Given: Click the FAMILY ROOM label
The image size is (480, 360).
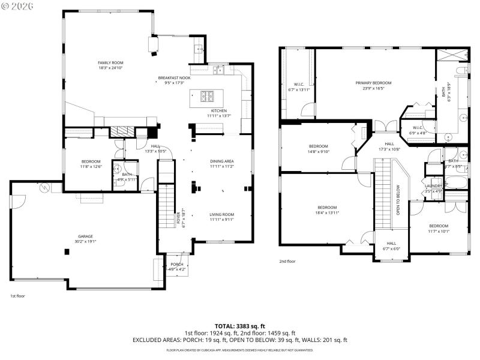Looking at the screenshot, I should point(110,62).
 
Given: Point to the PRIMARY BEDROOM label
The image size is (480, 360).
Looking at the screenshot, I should point(373,83).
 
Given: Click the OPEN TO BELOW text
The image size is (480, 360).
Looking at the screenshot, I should point(398,199).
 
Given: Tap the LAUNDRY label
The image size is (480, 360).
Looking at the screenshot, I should point(433,185).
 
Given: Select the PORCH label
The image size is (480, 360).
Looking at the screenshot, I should point(177,264).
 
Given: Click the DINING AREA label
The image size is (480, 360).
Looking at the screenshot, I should point(221,161).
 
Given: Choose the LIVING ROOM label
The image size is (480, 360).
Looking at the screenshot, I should point(221,214).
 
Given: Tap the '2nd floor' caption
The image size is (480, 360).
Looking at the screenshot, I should point(287,261).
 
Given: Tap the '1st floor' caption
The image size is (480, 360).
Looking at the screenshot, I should point(17,296).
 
